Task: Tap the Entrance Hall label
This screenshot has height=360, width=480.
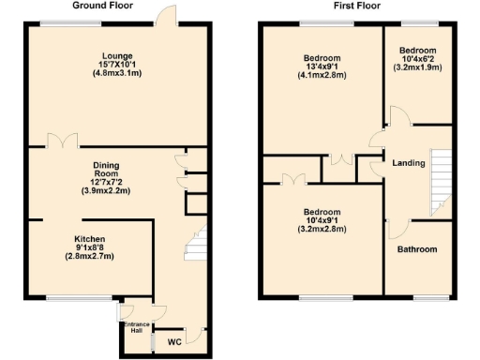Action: [x=138, y=327]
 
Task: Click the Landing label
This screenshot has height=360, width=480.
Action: [x=410, y=163]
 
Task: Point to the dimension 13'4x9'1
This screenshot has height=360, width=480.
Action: [x=322, y=67]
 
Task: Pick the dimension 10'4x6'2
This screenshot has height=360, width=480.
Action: [x=417, y=59]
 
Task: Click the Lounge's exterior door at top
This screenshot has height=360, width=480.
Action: [x=167, y=16]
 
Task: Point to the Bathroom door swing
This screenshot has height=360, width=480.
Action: [x=397, y=226]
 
